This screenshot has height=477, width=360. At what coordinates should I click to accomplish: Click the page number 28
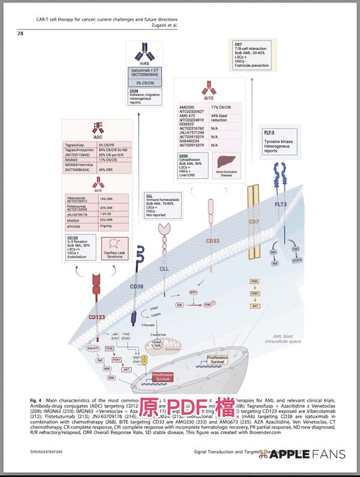(20, 34)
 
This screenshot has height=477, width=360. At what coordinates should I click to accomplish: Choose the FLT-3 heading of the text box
(270, 131)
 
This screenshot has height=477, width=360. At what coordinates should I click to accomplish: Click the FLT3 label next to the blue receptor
(282, 205)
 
